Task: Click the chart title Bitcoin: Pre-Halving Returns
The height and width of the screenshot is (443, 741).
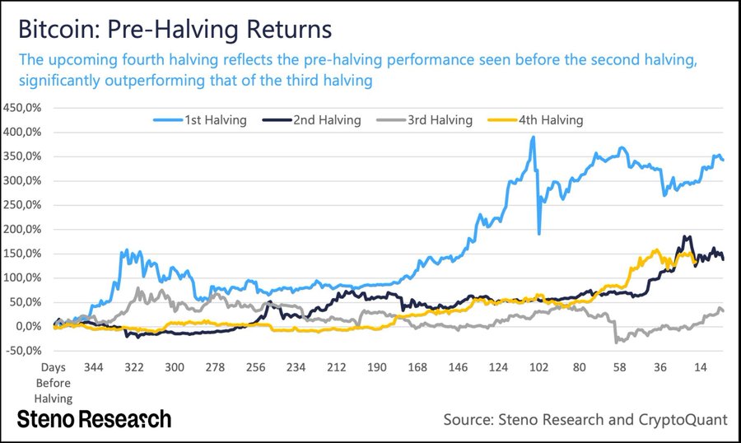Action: pyautogui.click(x=174, y=30)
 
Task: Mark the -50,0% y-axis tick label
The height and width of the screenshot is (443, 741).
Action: pyautogui.click(x=27, y=351)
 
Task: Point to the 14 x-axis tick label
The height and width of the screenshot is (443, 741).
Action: pyautogui.click(x=700, y=367)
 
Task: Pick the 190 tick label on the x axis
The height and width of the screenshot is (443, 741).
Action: pyautogui.click(x=377, y=367)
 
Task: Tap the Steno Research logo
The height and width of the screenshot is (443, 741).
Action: pyautogui.click(x=95, y=418)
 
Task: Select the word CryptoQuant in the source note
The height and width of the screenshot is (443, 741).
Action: pyautogui.click(x=682, y=420)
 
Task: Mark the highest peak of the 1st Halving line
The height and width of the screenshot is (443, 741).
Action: pyautogui.click(x=534, y=138)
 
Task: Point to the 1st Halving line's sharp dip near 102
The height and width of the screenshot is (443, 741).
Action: pyautogui.click(x=539, y=234)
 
